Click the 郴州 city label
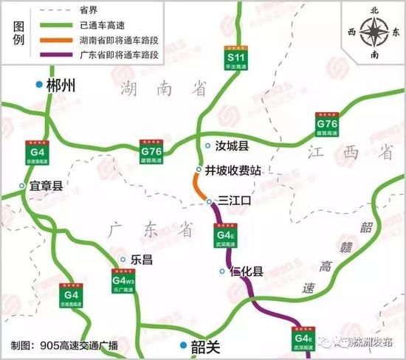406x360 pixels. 61,86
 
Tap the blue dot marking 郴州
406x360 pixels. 40,86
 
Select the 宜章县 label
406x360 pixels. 46,186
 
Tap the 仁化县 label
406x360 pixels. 247,271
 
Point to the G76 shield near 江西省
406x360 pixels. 327,125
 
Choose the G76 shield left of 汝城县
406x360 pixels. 151,153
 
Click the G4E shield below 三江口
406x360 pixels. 225,237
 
